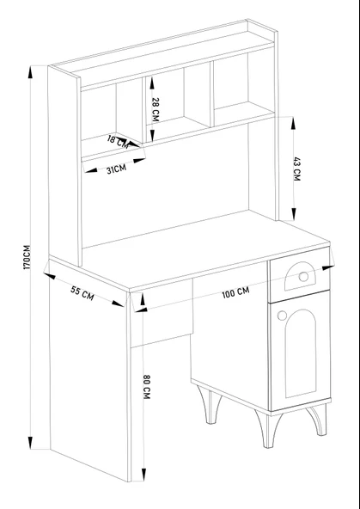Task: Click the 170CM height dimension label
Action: point(27,257)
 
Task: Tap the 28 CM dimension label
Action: point(156,110)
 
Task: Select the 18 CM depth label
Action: point(118,142)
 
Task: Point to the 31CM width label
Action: point(116,169)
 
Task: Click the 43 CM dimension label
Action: point(297,169)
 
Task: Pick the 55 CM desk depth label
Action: point(82,293)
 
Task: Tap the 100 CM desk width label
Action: point(235,292)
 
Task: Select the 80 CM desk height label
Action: point(147,387)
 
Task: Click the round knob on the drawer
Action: point(303,277)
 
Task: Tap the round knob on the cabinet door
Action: point(282,315)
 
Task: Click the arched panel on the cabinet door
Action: point(301,353)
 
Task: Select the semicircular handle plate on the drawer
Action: point(300,276)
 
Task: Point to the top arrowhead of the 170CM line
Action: point(30,71)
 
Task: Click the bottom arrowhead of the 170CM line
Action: point(30,443)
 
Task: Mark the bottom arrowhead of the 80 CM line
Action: point(143,475)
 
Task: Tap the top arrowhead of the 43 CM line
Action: point(293,123)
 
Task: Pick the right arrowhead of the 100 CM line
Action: point(328,268)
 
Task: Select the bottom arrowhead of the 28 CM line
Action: point(151,136)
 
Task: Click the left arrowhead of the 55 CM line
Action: point(49,277)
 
